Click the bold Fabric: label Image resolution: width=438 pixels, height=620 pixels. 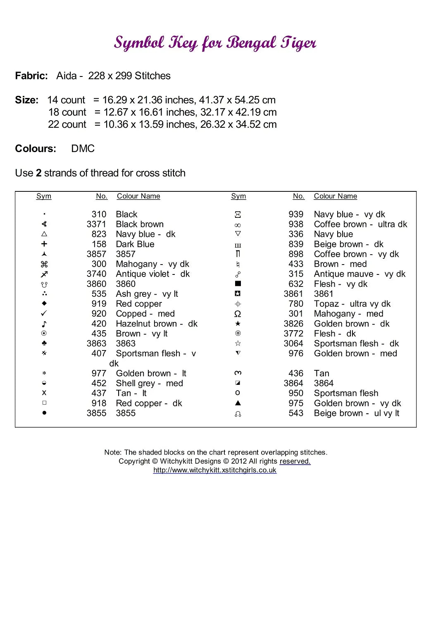coord(31,76)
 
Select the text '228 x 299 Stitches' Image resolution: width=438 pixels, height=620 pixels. coord(129,76)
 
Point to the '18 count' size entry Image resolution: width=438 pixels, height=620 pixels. coord(67,112)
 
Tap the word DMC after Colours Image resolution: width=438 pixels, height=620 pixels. coord(83,149)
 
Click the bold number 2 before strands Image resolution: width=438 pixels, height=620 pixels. coord(38,173)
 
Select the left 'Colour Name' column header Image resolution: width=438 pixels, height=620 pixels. coord(138,196)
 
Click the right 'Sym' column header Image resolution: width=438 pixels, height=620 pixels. coord(238,196)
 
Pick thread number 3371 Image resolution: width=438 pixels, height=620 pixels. coord(96,224)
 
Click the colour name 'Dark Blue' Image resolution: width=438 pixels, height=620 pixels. coord(135,244)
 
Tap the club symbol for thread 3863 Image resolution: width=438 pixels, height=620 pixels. coord(44,343)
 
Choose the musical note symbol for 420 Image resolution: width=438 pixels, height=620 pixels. coord(44,324)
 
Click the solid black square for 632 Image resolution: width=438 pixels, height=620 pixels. coord(238,284)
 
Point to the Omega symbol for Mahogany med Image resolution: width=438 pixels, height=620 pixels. coord(238,314)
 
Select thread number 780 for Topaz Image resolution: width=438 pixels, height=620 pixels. coord(296,304)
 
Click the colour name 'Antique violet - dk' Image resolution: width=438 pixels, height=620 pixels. coord(152,274)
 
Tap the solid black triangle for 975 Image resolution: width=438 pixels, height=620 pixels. coord(238,403)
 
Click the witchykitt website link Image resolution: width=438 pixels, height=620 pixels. coord(214,470)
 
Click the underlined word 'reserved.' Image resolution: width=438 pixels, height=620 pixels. coord(295,461)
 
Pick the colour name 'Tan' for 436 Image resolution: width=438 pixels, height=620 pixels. coord(321,374)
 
